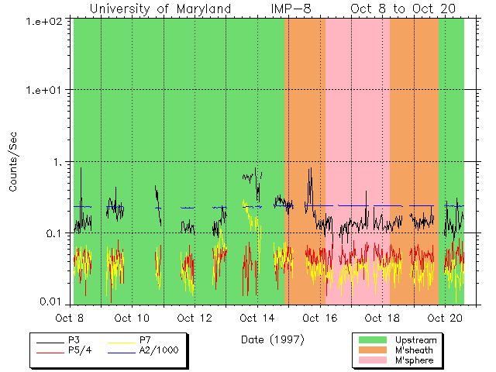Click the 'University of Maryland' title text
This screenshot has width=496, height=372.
point(160,9)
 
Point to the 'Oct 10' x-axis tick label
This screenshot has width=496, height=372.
point(132,318)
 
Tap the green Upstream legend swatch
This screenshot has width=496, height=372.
point(373,340)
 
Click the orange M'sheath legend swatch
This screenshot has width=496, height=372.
point(373,350)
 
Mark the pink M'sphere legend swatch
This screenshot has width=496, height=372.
point(373,360)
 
